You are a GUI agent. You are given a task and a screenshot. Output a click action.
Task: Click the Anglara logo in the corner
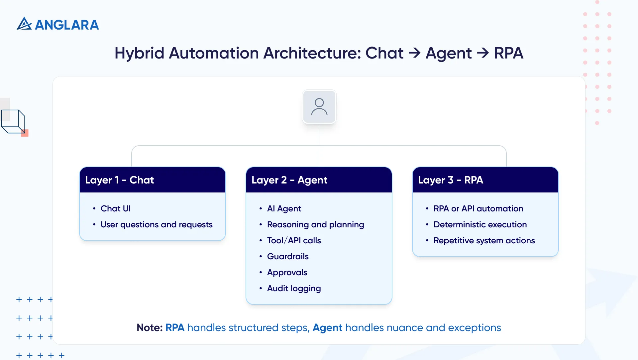pyautogui.click(x=58, y=24)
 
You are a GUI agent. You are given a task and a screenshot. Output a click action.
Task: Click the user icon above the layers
pyautogui.click(x=319, y=107)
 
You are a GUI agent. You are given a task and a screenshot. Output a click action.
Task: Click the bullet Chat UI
pyautogui.click(x=116, y=208)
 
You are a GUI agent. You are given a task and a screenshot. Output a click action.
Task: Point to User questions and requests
pyautogui.click(x=156, y=225)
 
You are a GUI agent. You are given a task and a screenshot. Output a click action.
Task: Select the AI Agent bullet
pyautogui.click(x=284, y=208)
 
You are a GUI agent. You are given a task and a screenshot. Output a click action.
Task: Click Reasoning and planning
pyautogui.click(x=315, y=225)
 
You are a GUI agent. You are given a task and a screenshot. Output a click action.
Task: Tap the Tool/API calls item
pyautogui.click(x=294, y=240)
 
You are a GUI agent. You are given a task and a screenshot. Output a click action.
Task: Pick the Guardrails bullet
pyautogui.click(x=288, y=256)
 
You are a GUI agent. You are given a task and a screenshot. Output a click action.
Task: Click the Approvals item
pyautogui.click(x=287, y=273)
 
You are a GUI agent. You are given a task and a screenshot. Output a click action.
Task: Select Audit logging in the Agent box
pyautogui.click(x=294, y=289)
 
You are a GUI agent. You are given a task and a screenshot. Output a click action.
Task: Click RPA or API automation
pyautogui.click(x=478, y=208)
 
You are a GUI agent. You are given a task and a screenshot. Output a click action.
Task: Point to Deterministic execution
pyautogui.click(x=480, y=225)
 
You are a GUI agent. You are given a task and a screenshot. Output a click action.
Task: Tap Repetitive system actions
pyautogui.click(x=484, y=240)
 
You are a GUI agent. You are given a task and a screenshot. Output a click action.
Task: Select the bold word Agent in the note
pyautogui.click(x=327, y=328)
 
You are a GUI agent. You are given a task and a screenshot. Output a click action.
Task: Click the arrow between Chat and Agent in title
pyautogui.click(x=414, y=53)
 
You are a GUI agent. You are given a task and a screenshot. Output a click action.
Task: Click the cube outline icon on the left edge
pyautogui.click(x=13, y=121)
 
